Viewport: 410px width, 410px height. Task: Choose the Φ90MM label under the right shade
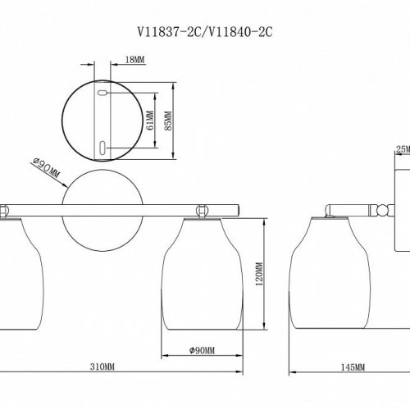199,350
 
